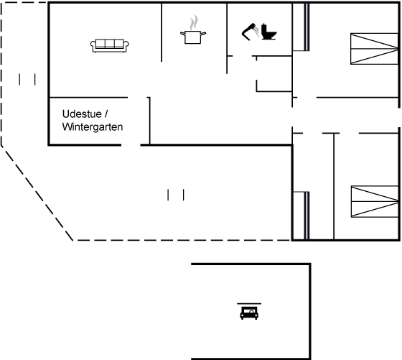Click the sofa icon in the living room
(109, 46)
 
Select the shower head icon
(251, 32)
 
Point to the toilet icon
(268, 32)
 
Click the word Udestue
(82, 114)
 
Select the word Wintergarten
(93, 126)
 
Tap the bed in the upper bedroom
(374, 48)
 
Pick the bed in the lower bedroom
(375, 201)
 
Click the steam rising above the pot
(194, 22)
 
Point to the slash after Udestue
(106, 114)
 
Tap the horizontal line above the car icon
(249, 303)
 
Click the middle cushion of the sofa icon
(109, 44)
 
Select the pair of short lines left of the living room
(27, 79)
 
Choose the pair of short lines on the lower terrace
(176, 195)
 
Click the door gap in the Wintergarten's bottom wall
(131, 145)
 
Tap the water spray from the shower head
(257, 31)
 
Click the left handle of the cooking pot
(182, 33)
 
